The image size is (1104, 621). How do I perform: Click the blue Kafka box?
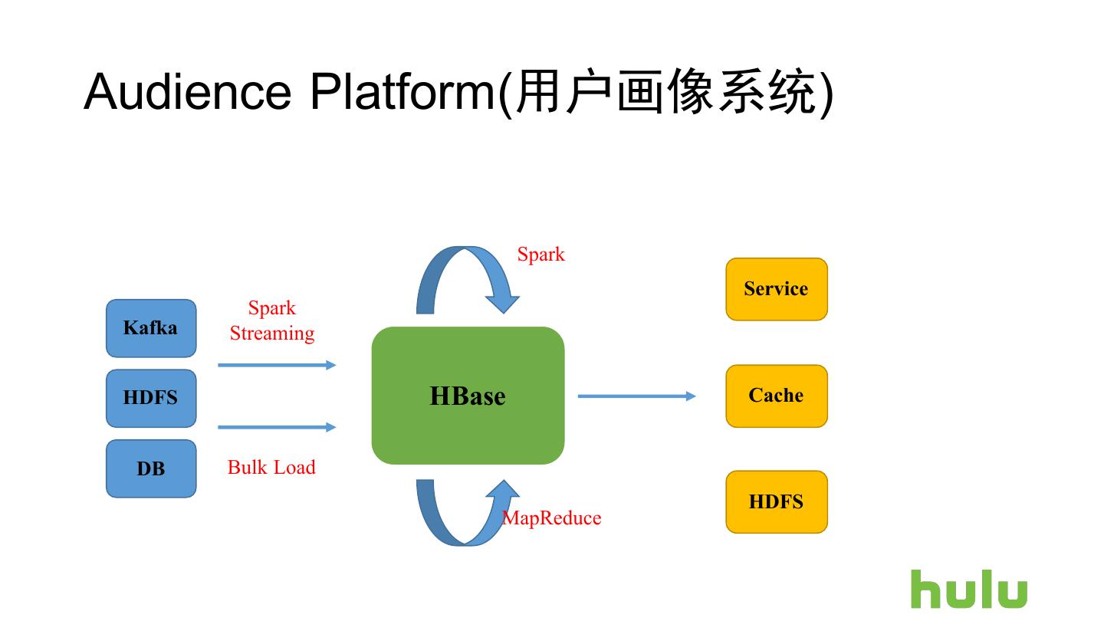151,328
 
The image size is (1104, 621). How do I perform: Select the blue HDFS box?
151,398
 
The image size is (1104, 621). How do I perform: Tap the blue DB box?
151,468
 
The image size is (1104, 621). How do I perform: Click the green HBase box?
468,396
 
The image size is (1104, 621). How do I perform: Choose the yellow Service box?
777,289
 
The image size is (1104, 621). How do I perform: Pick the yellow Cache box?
777,396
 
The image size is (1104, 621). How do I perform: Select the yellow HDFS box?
777,501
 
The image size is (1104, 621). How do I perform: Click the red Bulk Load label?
271,467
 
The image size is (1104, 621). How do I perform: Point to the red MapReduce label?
552,518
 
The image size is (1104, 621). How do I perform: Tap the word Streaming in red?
272,333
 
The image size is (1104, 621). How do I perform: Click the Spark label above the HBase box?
541,255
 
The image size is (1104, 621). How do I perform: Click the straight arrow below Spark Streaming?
277,365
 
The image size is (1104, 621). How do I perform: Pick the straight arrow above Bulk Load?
277,427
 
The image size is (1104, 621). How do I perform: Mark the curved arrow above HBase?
468,280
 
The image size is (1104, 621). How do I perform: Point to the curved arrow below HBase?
468,513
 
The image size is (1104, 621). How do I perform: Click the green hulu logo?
969,589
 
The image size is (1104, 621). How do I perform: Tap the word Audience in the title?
188,92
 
